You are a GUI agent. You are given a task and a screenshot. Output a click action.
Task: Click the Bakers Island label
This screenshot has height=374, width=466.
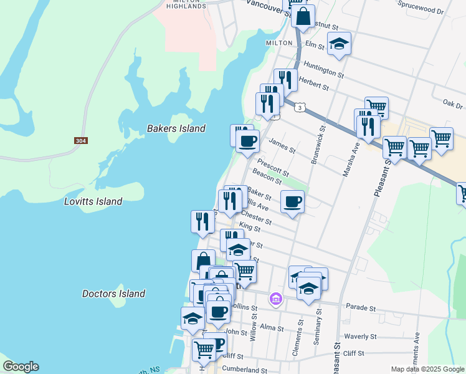pyautogui.click(x=176, y=128)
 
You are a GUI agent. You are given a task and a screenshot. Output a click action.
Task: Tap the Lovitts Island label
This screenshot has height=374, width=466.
pyautogui.click(x=93, y=201)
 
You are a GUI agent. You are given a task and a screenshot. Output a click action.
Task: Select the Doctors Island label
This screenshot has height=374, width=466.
pyautogui.click(x=114, y=294)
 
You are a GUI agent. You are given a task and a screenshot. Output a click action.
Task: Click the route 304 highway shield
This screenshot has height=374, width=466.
pyautogui.click(x=80, y=141)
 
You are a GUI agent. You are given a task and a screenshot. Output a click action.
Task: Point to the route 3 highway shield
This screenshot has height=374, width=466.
pyautogui.click(x=301, y=108)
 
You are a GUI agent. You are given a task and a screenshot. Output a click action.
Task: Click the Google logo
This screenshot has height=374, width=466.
pyautogui.click(x=21, y=367)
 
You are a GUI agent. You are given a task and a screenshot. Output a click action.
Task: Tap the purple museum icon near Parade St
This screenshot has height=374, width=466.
pyautogui.click(x=276, y=300)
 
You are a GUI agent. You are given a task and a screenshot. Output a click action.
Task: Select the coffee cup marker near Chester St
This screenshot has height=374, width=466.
pyautogui.click(x=292, y=201)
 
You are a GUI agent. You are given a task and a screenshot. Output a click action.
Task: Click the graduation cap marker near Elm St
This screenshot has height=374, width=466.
pyautogui.click(x=339, y=44)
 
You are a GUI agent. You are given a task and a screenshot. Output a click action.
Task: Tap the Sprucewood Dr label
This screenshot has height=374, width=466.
pyautogui.click(x=423, y=11)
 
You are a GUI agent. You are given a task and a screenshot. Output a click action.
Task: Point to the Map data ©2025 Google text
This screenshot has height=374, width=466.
pyautogui.click(x=427, y=369)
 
